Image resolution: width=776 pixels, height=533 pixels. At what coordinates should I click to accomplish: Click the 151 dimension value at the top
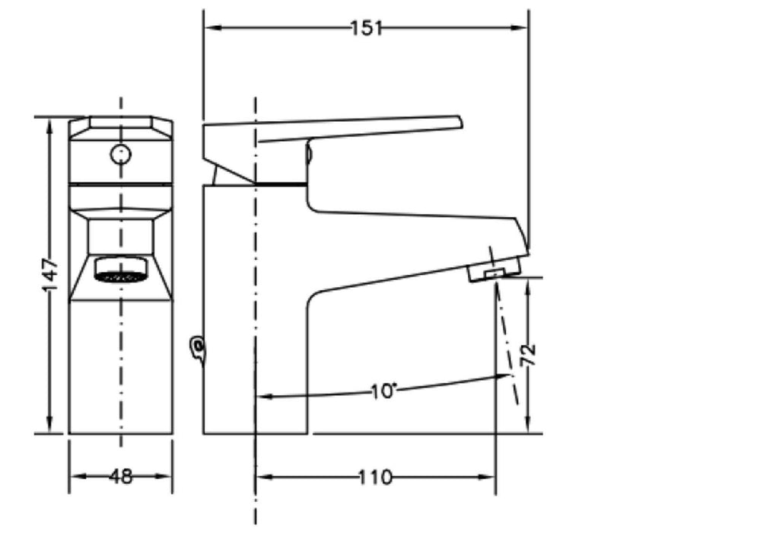pos(366,28)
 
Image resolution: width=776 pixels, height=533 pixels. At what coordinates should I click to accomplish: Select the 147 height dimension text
pos(49,273)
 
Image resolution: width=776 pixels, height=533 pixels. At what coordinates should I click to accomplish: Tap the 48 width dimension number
pos(121,477)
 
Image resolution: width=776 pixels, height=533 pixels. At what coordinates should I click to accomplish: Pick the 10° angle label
pos(384,391)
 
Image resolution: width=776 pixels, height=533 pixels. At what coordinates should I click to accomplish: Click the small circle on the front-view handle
pos(120,155)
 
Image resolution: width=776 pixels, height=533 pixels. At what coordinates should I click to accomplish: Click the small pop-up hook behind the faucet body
pos(198,349)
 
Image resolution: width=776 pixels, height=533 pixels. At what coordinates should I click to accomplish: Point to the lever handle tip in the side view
pos(457,122)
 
